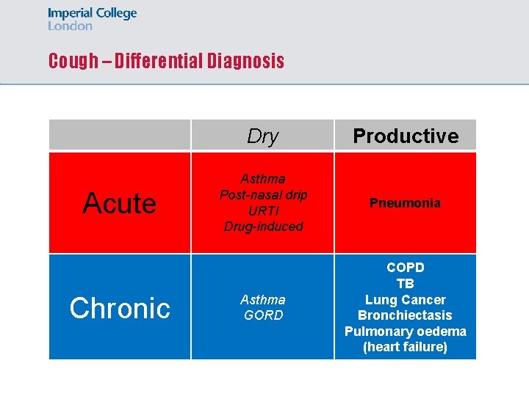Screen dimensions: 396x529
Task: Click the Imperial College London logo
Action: (x=92, y=19)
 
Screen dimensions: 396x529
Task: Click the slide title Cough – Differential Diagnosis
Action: (x=166, y=61)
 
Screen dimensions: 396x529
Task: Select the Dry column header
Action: (x=263, y=136)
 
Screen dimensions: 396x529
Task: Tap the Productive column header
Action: (x=406, y=136)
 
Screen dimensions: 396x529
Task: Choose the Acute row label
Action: (x=120, y=203)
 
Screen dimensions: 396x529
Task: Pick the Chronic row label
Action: (x=120, y=308)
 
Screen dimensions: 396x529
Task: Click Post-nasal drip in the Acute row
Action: (x=263, y=195)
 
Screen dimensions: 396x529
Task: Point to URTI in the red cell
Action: (x=263, y=210)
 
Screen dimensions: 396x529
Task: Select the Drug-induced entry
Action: (x=263, y=227)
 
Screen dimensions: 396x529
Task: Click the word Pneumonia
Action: (x=406, y=203)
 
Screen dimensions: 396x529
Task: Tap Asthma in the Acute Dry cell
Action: (x=263, y=179)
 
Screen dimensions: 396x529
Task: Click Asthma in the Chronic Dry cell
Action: (x=263, y=300)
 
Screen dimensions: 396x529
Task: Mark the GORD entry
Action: (x=263, y=316)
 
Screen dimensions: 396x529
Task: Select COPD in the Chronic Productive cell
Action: (x=406, y=268)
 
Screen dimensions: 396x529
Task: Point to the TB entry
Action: (x=406, y=284)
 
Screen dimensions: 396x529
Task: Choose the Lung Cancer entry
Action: (x=406, y=300)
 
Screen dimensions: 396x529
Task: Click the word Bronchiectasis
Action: (x=406, y=315)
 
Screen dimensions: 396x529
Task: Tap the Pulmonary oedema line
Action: (x=406, y=331)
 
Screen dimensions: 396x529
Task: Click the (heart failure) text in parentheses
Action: (x=406, y=348)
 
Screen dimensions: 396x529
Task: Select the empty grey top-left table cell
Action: (x=120, y=135)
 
